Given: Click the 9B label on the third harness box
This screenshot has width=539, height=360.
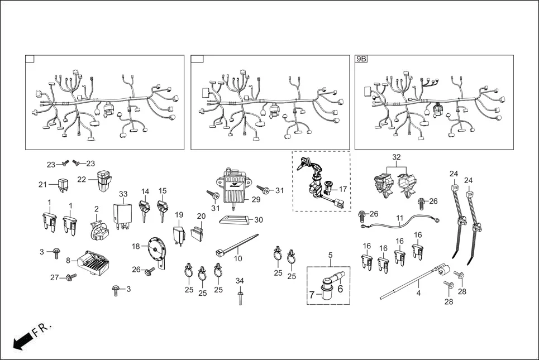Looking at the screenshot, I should (x=361, y=59).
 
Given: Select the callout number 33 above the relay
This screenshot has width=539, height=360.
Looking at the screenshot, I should (x=123, y=194).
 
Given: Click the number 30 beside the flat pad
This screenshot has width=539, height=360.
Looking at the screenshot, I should (x=258, y=220).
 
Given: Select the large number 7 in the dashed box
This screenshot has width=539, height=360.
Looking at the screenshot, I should (x=312, y=294).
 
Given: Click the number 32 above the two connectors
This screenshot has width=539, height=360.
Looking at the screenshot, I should (x=397, y=158).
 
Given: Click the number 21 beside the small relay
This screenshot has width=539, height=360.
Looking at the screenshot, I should (x=43, y=185).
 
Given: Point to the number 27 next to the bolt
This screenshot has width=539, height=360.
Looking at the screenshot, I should (x=54, y=277).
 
